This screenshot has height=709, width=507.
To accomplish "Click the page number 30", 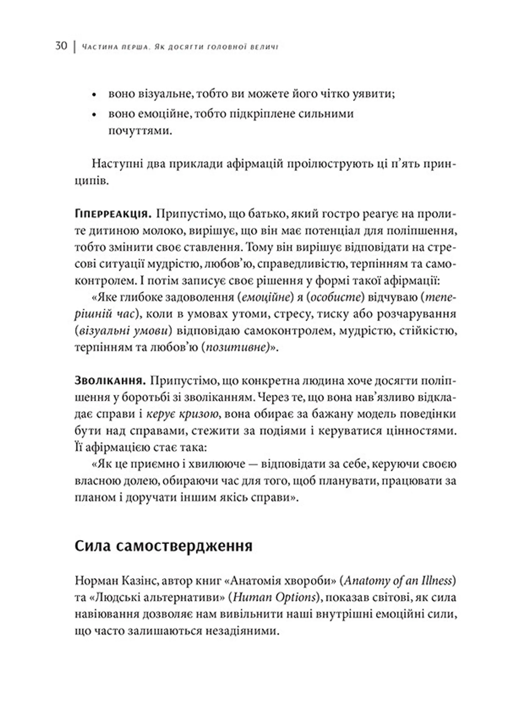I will [x=61, y=46].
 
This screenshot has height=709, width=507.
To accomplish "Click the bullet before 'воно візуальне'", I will [x=94, y=95].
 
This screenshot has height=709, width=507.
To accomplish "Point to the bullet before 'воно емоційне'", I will [x=94, y=115].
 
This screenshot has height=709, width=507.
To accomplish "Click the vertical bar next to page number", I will [x=75, y=46].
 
